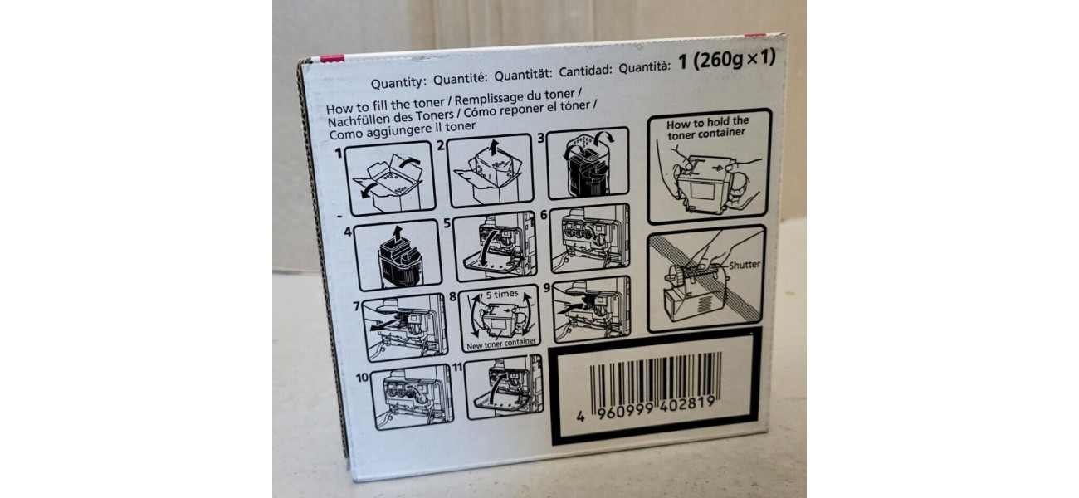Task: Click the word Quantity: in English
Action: tap(399, 82)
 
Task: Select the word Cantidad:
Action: tap(585, 71)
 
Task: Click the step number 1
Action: tap(339, 154)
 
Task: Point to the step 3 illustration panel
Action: tap(588, 163)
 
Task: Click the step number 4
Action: tap(348, 232)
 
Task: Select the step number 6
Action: tap(544, 215)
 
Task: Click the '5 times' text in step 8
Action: tap(502, 294)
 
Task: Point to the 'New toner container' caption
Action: tap(501, 344)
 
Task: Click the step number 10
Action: tap(362, 378)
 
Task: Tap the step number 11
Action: tap(457, 367)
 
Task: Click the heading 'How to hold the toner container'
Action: tap(707, 127)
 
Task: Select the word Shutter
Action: tap(745, 265)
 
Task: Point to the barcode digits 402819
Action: tap(687, 403)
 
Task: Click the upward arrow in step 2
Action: tap(492, 148)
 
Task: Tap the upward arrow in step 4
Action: tap(397, 235)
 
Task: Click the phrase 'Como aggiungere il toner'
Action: tap(403, 130)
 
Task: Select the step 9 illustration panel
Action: tap(592, 310)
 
